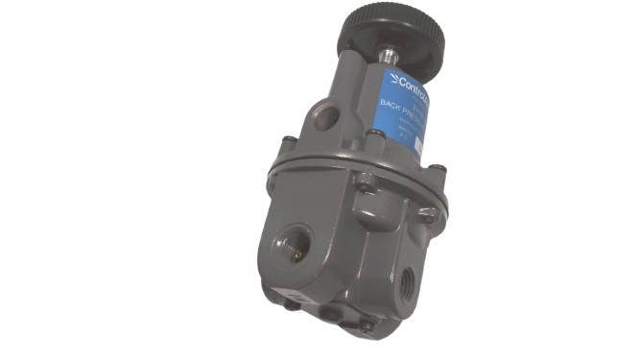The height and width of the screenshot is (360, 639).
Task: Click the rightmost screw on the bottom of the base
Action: pos(367,326)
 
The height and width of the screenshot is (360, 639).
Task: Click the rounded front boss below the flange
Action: pos(367,202)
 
